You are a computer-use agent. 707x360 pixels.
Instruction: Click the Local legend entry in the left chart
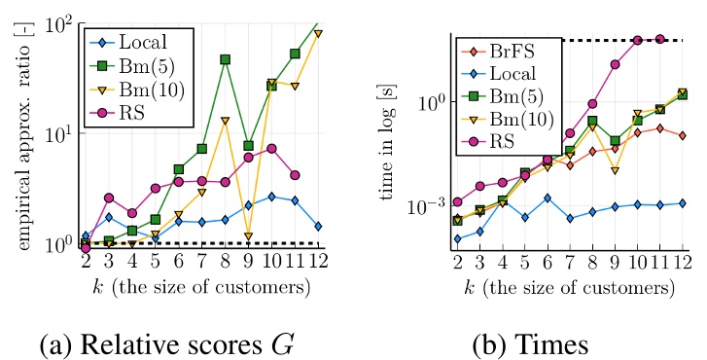[136, 43]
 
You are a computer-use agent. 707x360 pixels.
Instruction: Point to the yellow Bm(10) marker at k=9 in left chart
[249, 236]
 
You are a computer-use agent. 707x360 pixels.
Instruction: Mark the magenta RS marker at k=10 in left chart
[272, 148]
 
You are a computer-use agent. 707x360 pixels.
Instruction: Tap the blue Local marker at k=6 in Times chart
[548, 198]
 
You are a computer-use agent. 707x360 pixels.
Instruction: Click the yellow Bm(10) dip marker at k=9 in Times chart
[615, 170]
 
